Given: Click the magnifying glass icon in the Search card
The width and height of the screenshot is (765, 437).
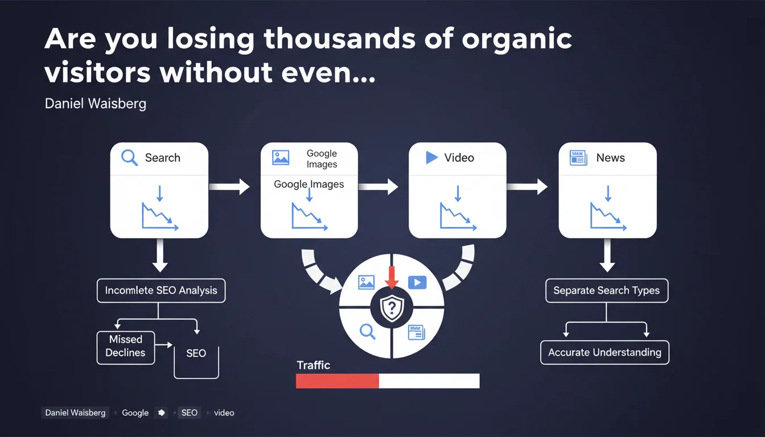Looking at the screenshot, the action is click(129, 158).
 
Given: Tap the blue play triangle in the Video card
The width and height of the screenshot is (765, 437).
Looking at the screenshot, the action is click(431, 158).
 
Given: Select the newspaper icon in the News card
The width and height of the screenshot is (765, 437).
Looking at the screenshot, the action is click(578, 158).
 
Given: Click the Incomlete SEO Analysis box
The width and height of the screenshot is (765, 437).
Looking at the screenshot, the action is click(161, 291).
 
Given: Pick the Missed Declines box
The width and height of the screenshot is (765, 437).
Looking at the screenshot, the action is click(126, 348).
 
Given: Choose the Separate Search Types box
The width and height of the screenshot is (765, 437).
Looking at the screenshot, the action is click(607, 291).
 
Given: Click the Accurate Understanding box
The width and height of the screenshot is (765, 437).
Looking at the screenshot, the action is click(605, 352).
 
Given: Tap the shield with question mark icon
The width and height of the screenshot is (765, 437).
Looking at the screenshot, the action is click(392, 308).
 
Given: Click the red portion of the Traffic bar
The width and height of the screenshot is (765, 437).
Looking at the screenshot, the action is click(338, 381).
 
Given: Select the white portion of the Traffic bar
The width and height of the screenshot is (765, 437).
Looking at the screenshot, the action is click(429, 381).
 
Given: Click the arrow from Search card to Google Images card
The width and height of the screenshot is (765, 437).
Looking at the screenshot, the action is click(229, 187).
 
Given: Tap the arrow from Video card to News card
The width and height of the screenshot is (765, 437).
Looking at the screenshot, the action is click(527, 187).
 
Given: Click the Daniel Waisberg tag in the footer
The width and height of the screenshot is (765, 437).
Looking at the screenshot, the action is click(76, 413).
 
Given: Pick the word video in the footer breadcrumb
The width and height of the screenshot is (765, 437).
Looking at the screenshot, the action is click(224, 413).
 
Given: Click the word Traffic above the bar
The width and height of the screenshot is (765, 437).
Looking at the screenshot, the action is click(314, 365).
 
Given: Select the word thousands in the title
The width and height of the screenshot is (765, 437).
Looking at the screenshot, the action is click(340, 39).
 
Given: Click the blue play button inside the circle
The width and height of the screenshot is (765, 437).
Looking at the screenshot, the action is click(417, 282).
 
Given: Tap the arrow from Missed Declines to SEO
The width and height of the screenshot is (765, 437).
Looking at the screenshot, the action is click(163, 345).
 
